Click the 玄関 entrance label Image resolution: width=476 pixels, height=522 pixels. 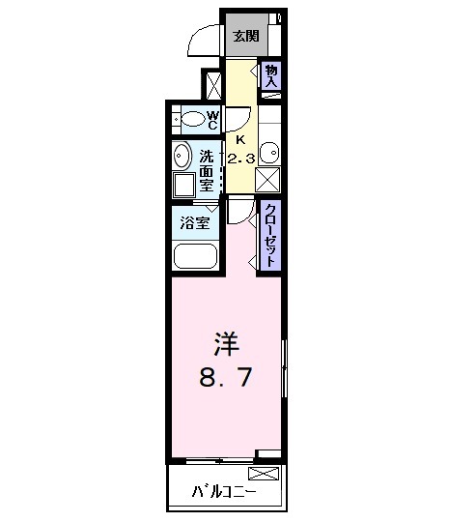click(x=245, y=36)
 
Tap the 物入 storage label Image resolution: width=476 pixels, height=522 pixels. click(x=271, y=75)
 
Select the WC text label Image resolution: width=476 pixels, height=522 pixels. click(x=212, y=120)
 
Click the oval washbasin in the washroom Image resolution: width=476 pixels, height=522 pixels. click(x=182, y=157)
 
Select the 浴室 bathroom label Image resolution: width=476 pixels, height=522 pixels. click(x=194, y=223)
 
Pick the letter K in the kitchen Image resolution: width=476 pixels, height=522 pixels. click(x=240, y=137)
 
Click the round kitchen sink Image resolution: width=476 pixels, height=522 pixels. click(x=269, y=152)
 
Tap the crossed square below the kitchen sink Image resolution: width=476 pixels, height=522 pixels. click(x=269, y=180)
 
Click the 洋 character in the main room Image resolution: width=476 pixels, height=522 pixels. click(x=225, y=344)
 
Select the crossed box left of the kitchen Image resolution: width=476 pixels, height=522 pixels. click(x=211, y=85)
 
